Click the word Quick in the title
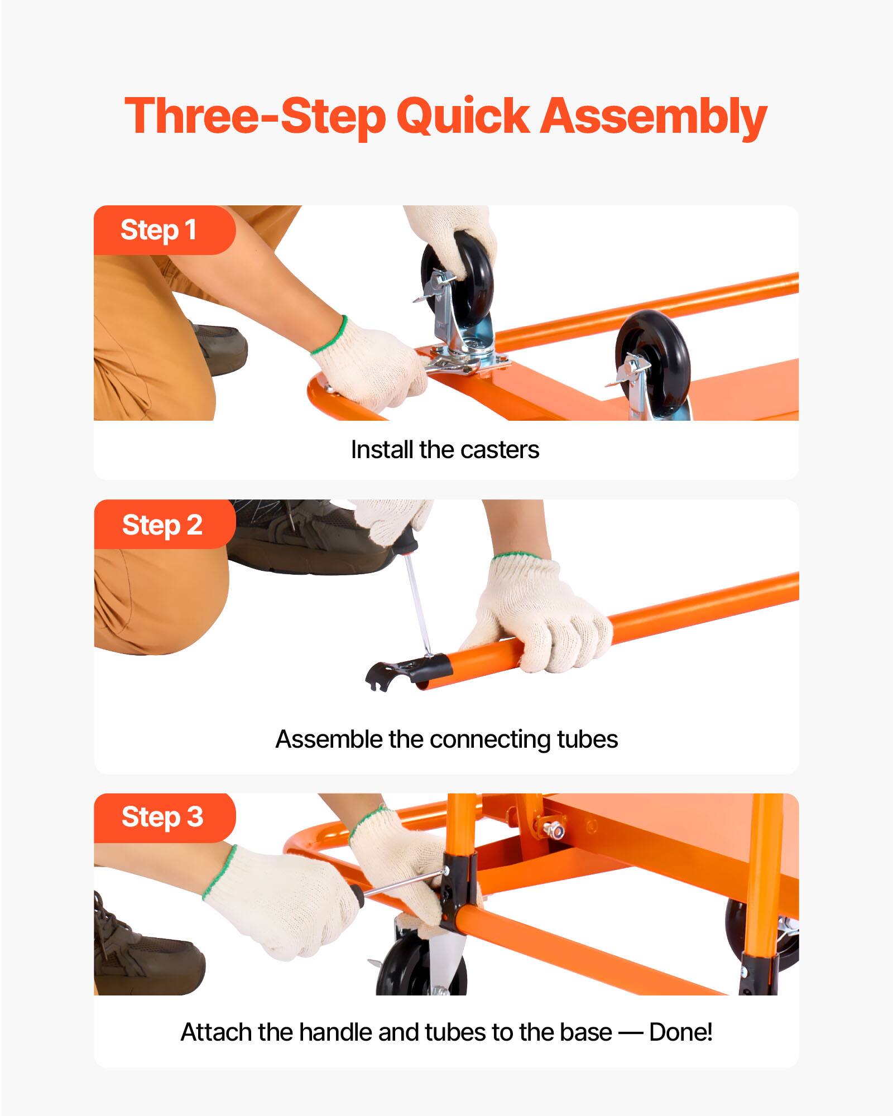[x=462, y=117]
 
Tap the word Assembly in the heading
[x=654, y=117]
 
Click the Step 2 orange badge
[x=162, y=525]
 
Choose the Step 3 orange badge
[x=162, y=817]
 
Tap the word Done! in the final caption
[x=681, y=1032]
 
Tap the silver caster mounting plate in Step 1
[x=469, y=360]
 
